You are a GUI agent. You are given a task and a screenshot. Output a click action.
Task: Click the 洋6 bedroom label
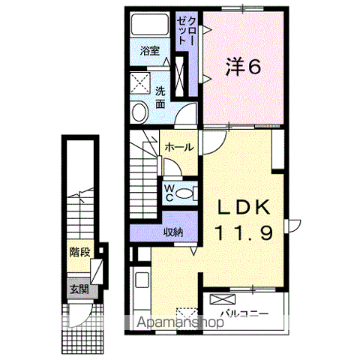coord(243,66)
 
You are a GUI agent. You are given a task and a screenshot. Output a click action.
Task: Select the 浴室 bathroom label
coord(150,51)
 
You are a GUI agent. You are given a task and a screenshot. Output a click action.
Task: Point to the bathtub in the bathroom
coord(150,25)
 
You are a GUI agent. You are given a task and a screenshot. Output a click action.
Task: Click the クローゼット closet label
coord(187,31)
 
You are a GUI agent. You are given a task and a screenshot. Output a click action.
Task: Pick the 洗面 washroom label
coord(160,97)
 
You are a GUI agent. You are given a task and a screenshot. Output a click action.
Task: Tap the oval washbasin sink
coord(139,112)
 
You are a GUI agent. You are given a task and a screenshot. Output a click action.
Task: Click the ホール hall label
coord(179,147)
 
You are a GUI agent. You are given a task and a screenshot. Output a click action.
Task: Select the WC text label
coord(169,193)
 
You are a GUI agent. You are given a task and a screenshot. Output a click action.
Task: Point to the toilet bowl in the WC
coord(184,193)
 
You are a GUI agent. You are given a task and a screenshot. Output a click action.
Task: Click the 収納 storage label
coord(173,232)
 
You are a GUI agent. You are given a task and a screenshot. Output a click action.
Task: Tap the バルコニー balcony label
coord(244,313)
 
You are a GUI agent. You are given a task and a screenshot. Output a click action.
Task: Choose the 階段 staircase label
coord(79,252)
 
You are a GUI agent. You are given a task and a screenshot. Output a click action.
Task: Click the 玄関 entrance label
coord(79,289)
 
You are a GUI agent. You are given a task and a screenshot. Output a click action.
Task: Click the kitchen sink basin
coord(142,280)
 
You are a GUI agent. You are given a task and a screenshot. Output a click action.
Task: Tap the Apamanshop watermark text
coord(181,322)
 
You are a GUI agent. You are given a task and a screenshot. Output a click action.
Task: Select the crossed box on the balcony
coord(223,299)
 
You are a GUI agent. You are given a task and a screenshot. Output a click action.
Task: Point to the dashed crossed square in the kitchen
coord(187,315)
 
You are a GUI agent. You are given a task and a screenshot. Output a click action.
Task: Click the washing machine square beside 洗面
coord(140,83)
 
